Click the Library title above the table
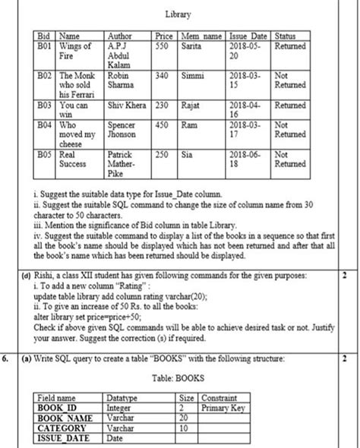[177, 14]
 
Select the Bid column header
[44, 36]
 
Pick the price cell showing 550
[162, 46]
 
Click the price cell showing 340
[162, 77]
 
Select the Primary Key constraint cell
[223, 407]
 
